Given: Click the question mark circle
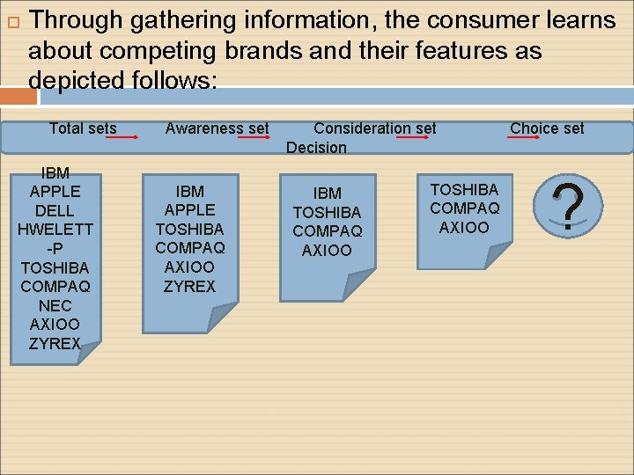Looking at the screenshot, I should click(x=570, y=206).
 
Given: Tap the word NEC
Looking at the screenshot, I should click(x=55, y=305).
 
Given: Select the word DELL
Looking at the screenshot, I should click(x=55, y=210).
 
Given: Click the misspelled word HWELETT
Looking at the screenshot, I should click(x=55, y=230).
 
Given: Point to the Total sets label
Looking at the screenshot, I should click(x=83, y=128).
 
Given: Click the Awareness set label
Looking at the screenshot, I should click(x=217, y=128).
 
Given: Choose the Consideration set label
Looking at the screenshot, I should click(x=374, y=128).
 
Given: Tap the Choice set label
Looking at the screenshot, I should click(x=547, y=128).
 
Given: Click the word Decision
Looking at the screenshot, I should click(x=316, y=147).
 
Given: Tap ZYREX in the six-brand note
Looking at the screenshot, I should click(x=189, y=286).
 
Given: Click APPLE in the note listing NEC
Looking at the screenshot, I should click(x=55, y=191).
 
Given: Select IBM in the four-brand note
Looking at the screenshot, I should click(x=327, y=194).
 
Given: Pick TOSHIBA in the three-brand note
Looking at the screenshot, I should click(x=464, y=189).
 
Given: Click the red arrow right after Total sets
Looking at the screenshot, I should click(x=129, y=137).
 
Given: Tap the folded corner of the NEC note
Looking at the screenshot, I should click(x=89, y=353).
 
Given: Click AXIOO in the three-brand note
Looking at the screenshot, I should click(x=464, y=228).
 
